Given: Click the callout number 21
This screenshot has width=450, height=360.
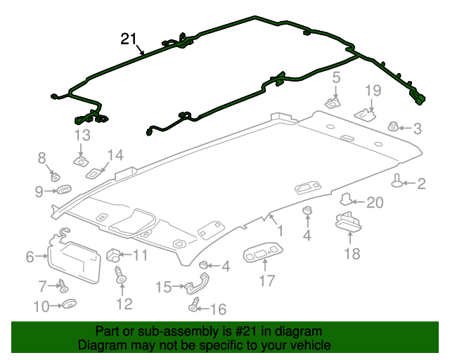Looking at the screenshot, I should (128, 39).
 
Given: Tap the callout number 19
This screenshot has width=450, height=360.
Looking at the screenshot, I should (373, 90).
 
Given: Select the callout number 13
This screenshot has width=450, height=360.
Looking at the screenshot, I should (82, 135).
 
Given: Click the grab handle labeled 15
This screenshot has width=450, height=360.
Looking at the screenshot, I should (194, 284).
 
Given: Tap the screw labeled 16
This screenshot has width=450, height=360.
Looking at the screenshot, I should (194, 307).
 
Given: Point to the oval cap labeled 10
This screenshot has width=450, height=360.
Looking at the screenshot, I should (70, 304).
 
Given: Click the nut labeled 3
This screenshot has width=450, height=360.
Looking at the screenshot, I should (394, 127).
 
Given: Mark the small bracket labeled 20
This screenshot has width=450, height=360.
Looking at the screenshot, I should (347, 201).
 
